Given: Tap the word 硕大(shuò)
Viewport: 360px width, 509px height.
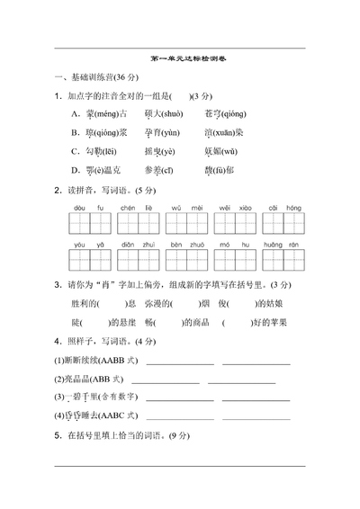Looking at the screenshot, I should click(x=162, y=113).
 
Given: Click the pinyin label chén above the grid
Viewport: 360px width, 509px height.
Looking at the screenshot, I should click(x=128, y=207).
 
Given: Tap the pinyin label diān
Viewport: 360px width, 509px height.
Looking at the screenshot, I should click(x=128, y=245).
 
